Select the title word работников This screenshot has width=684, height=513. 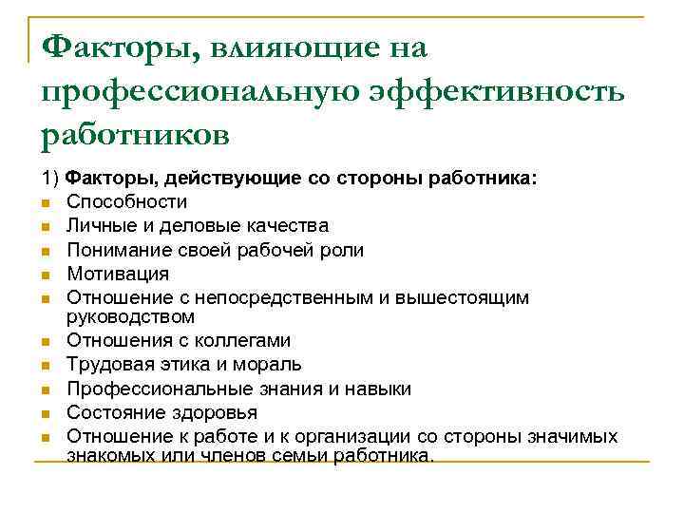point(135,134)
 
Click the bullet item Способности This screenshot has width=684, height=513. point(126,201)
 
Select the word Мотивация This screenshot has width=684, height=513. point(117,274)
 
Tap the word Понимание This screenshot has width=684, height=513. point(113,250)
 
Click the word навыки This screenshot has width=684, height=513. point(377,389)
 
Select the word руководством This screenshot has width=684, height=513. point(129,315)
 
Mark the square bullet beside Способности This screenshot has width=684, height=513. point(46,202)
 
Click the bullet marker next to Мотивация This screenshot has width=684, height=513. point(46,275)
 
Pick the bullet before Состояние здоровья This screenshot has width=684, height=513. point(46,413)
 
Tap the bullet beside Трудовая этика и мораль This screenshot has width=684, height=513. point(46,365)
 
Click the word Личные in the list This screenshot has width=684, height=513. point(97,226)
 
